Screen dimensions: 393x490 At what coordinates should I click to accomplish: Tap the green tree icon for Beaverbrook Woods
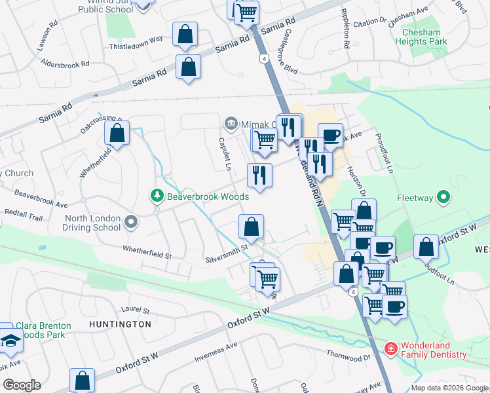click(157, 196)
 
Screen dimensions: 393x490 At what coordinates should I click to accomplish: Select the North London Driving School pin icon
click(132, 223)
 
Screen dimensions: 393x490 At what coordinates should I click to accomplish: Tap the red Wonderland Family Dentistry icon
click(391, 350)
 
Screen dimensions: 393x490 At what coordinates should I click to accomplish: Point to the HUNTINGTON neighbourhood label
click(121, 324)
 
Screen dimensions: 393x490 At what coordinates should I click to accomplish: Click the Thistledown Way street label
click(136, 39)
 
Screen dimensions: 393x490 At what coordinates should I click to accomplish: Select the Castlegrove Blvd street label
click(291, 49)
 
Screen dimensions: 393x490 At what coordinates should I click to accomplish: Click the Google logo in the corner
click(21, 385)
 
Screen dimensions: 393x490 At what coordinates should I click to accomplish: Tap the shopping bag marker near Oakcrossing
click(117, 132)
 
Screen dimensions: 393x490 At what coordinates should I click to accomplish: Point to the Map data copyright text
click(449, 388)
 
